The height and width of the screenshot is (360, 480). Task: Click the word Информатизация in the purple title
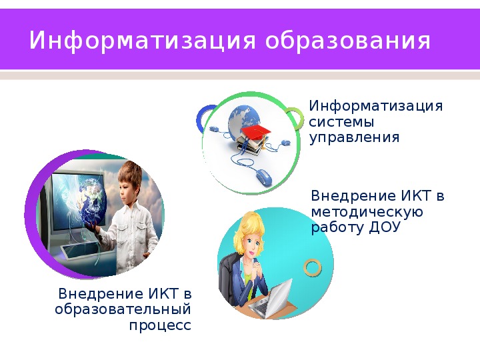click(143, 41)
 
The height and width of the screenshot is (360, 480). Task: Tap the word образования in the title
click(348, 41)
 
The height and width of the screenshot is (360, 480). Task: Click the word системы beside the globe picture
click(341, 122)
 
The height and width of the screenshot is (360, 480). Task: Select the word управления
click(354, 137)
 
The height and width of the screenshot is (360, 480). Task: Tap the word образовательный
click(123, 309)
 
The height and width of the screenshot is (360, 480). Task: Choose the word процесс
click(160, 325)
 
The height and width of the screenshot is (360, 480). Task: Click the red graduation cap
click(256, 131)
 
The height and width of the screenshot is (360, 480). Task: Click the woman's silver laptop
click(271, 299)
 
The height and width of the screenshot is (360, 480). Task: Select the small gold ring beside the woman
click(313, 267)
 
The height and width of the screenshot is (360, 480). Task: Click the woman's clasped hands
click(258, 270)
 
